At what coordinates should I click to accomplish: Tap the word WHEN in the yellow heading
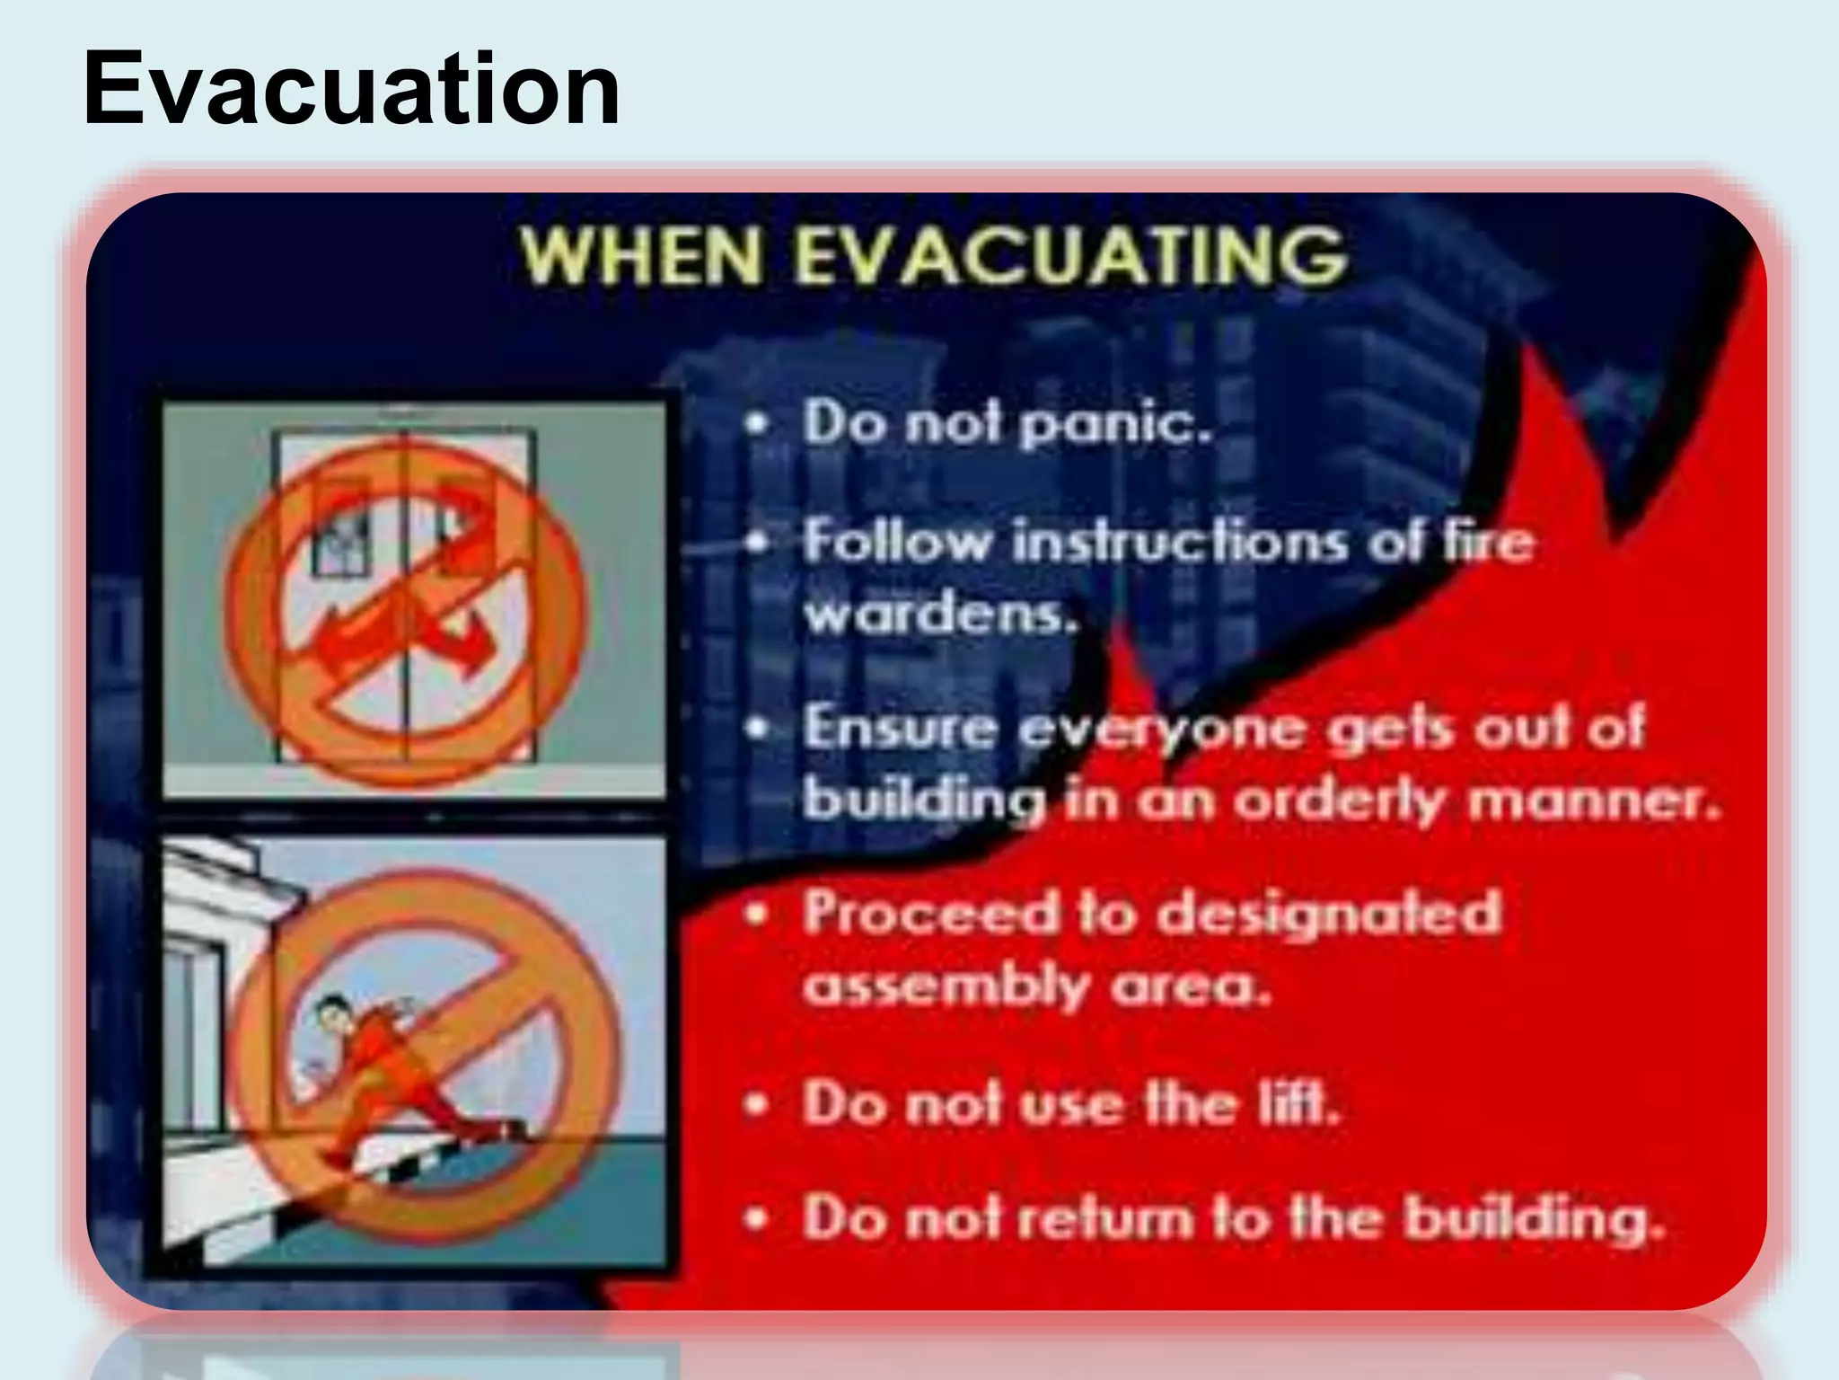tap(641, 256)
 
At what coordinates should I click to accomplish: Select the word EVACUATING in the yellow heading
tap(1069, 256)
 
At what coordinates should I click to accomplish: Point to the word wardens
tap(940, 615)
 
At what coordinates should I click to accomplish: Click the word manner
tap(1594, 800)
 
